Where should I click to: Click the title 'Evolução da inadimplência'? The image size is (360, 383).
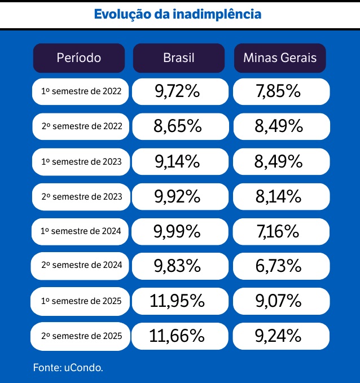coord(177,14)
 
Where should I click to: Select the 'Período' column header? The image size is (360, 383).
coord(79,58)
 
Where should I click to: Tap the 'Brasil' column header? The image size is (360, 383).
coord(178,58)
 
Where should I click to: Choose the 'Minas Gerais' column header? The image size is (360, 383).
coord(280,58)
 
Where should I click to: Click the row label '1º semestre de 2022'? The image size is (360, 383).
coord(81,91)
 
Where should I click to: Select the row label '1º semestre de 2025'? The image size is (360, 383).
coord(81,301)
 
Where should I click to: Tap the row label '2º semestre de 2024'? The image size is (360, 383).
coord(81,266)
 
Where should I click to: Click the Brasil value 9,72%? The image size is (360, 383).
coord(177,91)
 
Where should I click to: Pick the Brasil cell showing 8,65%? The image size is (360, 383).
coord(177,126)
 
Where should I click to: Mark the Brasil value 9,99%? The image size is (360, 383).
coord(177,231)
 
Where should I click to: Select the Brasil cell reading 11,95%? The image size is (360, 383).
coord(177,301)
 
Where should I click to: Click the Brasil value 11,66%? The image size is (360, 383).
coord(177,336)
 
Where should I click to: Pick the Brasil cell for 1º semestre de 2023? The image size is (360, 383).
coord(177,161)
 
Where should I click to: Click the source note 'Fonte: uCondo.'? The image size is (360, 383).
coord(68,367)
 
